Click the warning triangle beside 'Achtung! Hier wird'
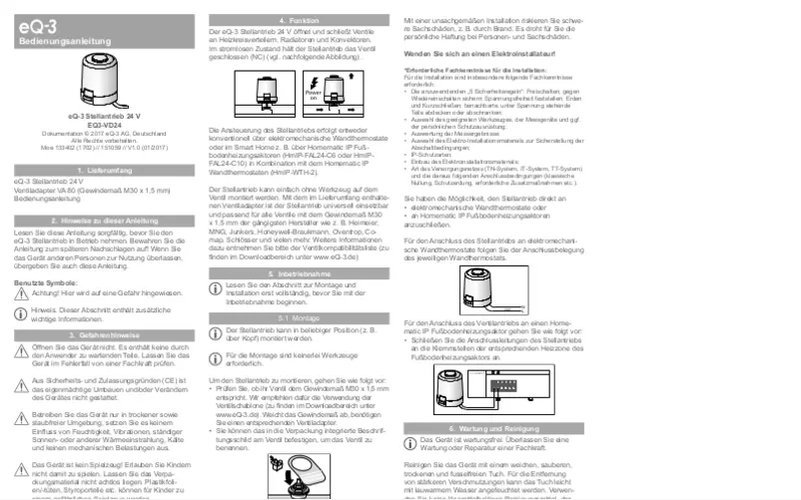tap(21, 294)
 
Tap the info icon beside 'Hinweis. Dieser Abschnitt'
tap(21, 314)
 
